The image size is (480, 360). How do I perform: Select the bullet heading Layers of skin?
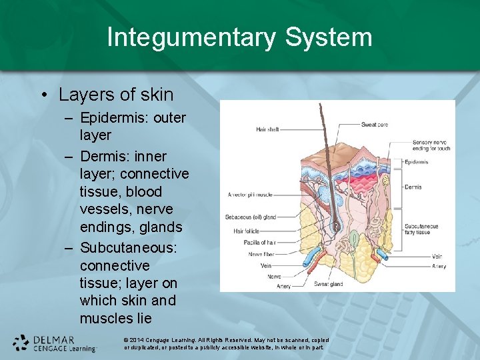coord(115,95)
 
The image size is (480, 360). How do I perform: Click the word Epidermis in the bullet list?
coord(113,119)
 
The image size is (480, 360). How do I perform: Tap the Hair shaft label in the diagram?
coord(267,129)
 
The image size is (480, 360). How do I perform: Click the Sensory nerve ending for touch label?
coord(431,145)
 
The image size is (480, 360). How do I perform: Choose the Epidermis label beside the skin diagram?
coord(416,162)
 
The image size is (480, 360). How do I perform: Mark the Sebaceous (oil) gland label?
coord(251,217)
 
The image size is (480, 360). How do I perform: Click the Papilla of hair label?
coord(259,242)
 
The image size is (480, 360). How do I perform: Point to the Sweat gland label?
coord(329,284)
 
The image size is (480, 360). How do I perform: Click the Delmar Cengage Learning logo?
coord(55,343)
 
